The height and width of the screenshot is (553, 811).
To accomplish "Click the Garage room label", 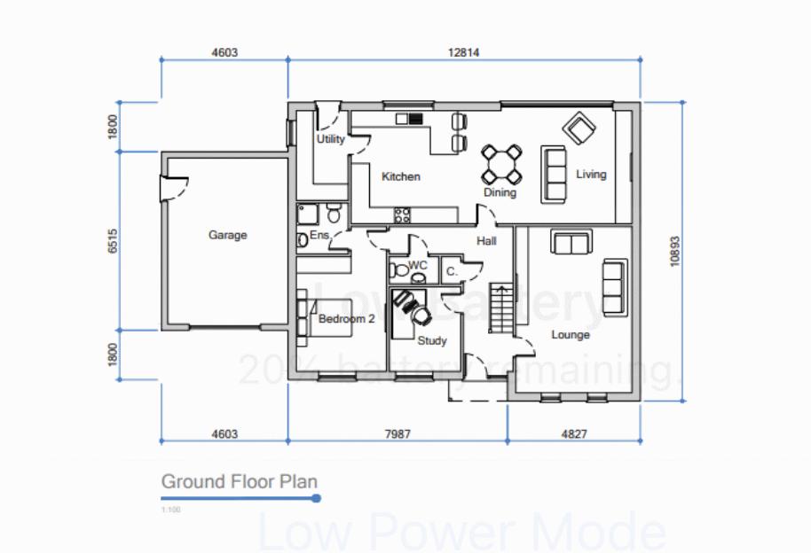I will tap(228, 235).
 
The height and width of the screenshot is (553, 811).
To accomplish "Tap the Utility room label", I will tap(331, 139).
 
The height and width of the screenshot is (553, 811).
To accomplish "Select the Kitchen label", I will tap(400, 176).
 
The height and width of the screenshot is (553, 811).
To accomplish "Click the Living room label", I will tap(591, 174).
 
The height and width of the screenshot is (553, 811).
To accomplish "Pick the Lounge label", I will tap(571, 335).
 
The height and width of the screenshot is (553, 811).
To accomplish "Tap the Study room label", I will tap(432, 340).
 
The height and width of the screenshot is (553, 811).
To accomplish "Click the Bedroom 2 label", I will tap(347, 318).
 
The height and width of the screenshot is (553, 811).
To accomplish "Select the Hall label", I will tap(486, 240).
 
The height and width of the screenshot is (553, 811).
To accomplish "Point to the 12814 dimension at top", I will tap(463, 52).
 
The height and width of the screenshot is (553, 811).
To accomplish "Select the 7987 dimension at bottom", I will tap(398, 433).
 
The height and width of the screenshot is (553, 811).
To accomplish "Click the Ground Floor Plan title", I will tap(239, 482).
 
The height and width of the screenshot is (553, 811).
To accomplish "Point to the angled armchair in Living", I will tap(581, 128).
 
